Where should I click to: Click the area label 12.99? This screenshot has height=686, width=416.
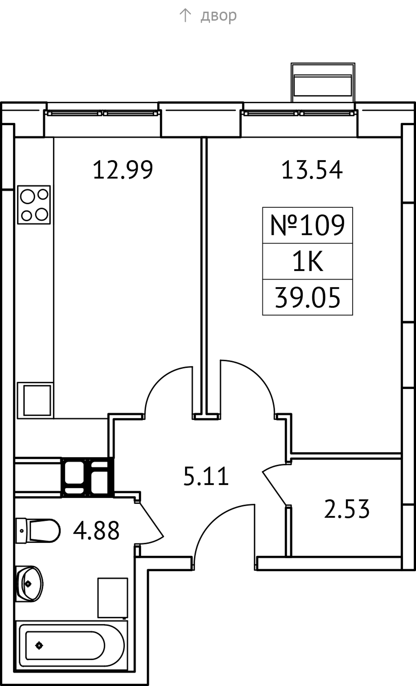point(123,170)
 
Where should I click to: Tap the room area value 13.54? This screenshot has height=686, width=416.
point(312,170)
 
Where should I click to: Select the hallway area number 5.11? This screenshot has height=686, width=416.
point(206,476)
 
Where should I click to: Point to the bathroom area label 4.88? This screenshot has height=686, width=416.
point(96,530)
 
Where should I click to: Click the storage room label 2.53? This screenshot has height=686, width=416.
point(347,509)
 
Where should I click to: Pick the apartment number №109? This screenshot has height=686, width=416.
point(307,225)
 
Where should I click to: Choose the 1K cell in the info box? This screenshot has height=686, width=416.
point(307,262)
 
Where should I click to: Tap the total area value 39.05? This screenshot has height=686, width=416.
point(307,298)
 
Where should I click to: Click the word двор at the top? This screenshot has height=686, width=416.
point(219,15)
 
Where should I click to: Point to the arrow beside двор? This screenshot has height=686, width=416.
point(185,15)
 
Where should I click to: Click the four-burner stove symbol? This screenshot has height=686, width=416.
point(34,205)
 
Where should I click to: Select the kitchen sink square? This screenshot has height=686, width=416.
point(35,400)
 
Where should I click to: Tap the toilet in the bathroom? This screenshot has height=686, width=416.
point(38,531)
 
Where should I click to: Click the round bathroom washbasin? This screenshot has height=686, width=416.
point(30,584)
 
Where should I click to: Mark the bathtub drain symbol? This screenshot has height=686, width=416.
point(39,646)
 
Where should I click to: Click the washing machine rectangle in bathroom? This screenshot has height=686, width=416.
point(113,598)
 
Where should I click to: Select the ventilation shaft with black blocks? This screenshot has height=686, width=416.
point(87,477)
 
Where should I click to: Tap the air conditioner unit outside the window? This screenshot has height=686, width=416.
point(323,83)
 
